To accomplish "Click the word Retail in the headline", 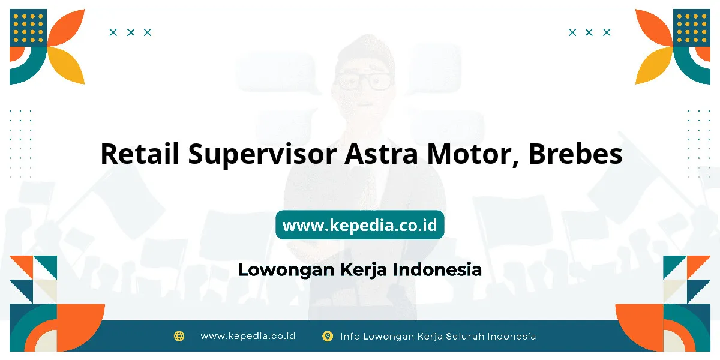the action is tap(140, 154).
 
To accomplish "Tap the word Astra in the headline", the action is tap(382, 154).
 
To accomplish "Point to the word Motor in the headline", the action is tap(473, 154).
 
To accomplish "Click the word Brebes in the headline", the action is tap(575, 154).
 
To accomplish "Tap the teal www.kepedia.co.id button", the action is tap(360, 224).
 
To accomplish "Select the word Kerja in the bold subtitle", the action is tap(363, 270).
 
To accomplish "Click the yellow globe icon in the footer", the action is tap(179, 336).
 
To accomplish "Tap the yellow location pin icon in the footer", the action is tap(328, 337).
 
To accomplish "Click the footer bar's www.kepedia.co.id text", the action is tap(248, 336).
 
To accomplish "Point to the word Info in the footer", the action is tap(350, 337).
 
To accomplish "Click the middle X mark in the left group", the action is tap(131, 32).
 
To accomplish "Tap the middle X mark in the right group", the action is tap(589, 32).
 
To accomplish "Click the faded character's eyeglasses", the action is tap(364, 82).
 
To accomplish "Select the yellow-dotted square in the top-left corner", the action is tap(28, 28).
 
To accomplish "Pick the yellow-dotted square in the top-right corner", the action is tap(692, 28).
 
